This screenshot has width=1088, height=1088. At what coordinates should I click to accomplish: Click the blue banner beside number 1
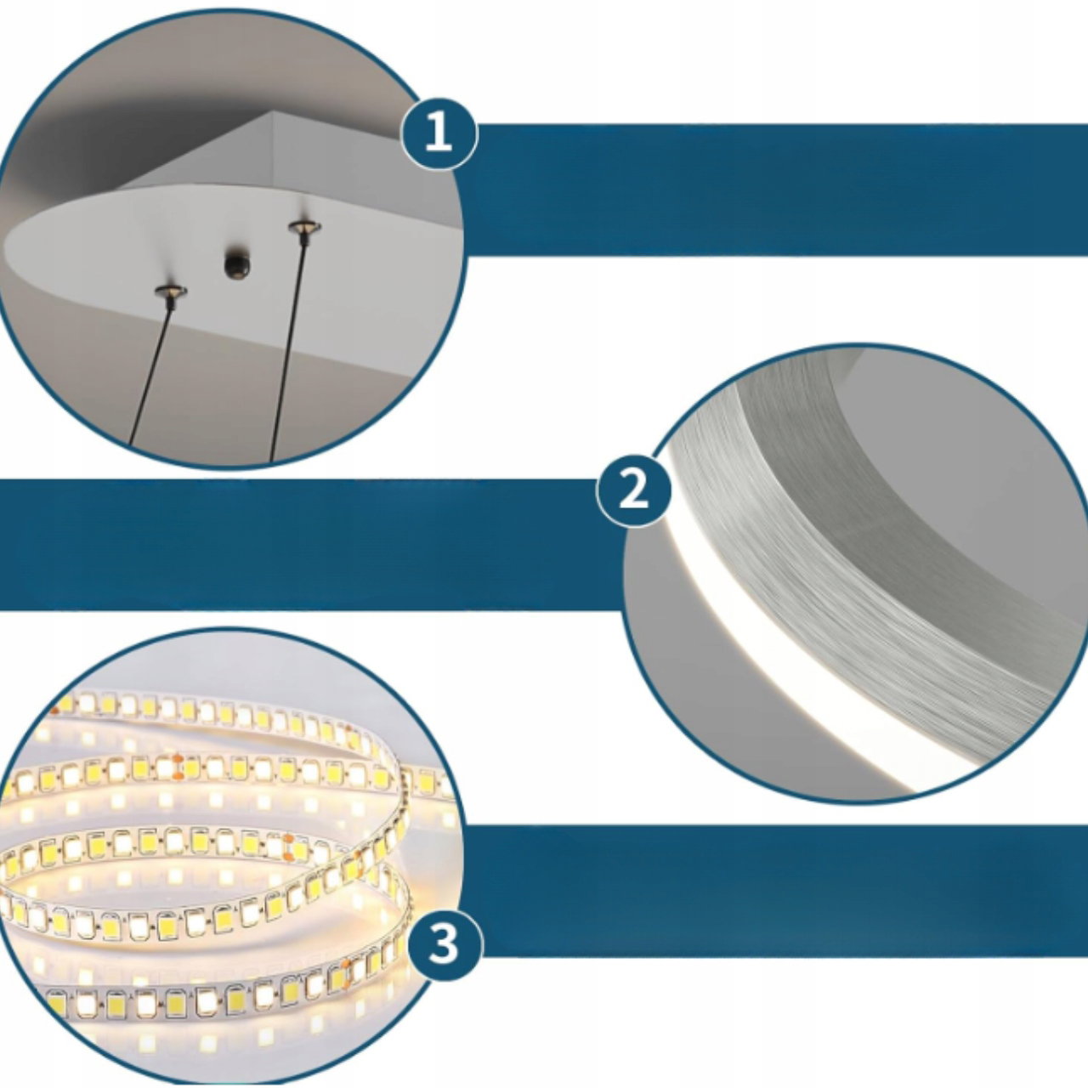(x=779, y=190)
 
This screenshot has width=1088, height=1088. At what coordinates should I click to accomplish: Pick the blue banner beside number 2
(x=310, y=544)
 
